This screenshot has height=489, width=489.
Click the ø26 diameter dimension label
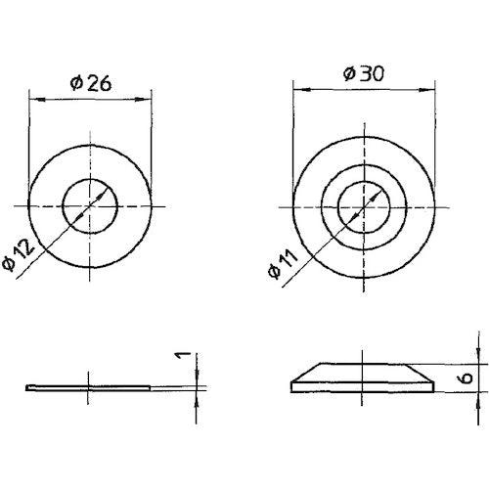click(x=90, y=83)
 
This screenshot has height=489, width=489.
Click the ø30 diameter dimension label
click(x=362, y=74)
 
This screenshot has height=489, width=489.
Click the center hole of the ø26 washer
click(x=90, y=206)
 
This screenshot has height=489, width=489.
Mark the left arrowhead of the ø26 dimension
click(x=34, y=96)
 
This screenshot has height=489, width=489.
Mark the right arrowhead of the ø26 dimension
click(x=147, y=96)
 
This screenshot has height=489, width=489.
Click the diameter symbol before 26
click(x=75, y=83)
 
